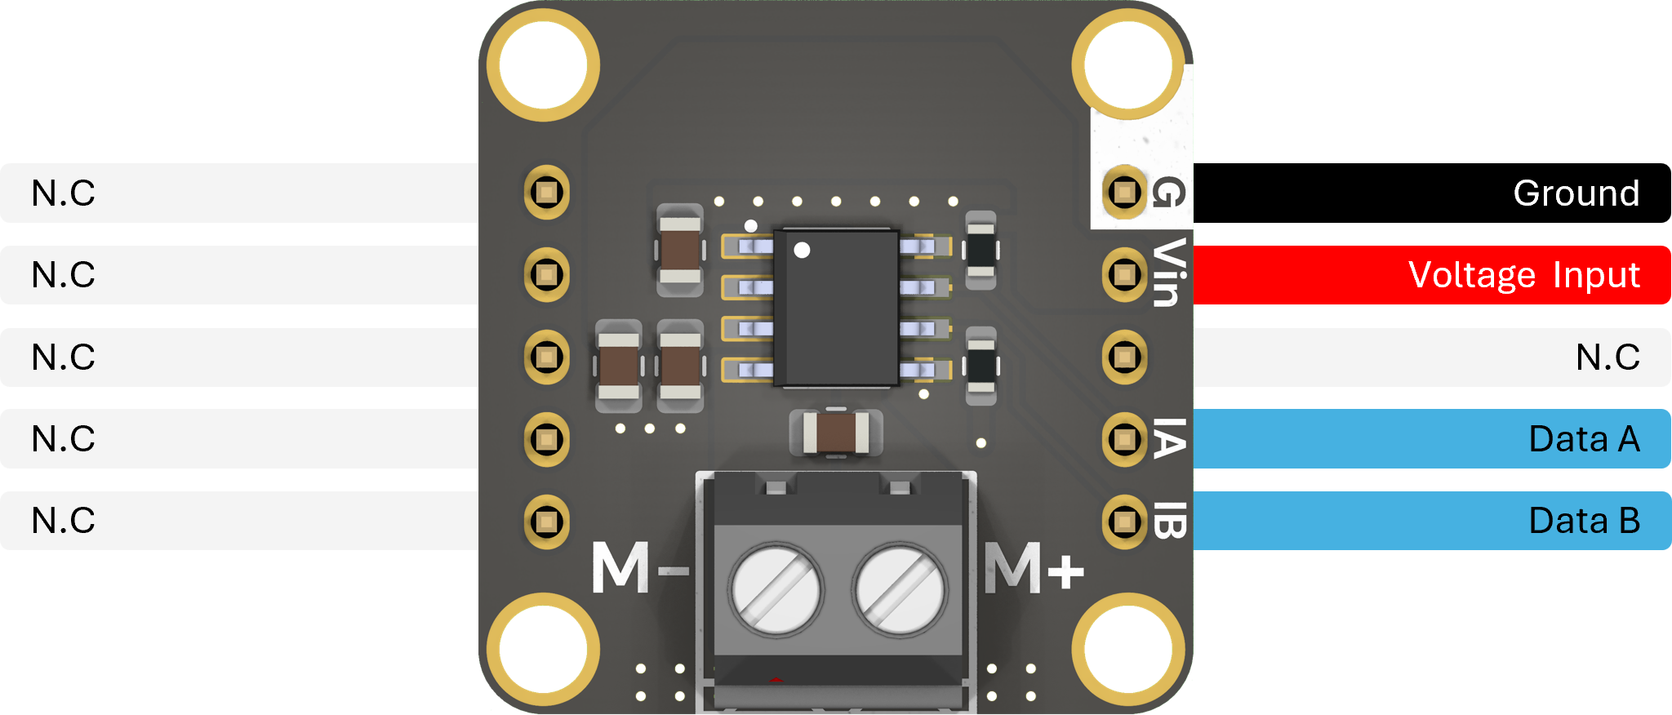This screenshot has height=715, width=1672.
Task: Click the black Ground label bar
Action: [x=1432, y=193]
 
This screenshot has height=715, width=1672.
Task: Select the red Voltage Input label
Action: [x=1432, y=275]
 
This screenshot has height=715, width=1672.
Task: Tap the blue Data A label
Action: [x=1432, y=439]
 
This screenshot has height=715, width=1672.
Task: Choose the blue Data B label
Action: [x=1432, y=521]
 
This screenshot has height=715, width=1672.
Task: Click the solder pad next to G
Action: [x=1124, y=193]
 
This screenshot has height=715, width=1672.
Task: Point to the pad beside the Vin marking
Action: [x=1124, y=275]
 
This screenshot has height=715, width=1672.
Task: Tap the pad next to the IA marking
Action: [x=1124, y=439]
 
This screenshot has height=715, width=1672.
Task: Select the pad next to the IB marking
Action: [x=1124, y=521]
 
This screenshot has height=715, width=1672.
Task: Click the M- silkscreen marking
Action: [x=639, y=566]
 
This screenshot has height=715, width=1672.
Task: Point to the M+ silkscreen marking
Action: [x=1034, y=566]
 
